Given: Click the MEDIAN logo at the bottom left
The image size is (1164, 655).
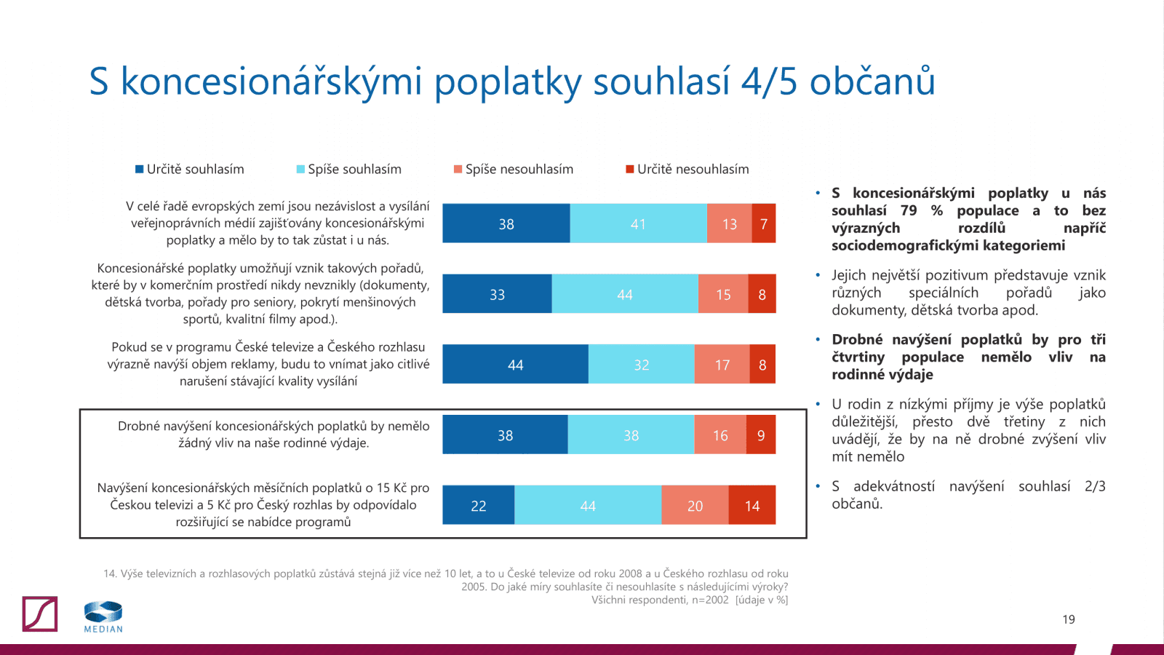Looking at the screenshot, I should (103, 616).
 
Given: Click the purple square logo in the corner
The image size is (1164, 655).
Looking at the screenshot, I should (40, 614).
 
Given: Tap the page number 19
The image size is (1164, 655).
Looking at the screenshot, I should (1068, 619).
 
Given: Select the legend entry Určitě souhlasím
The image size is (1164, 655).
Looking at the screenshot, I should (190, 170).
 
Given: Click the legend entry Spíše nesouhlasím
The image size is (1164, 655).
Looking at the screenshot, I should (514, 170).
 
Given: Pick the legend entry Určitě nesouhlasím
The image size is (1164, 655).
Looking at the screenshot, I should (687, 170).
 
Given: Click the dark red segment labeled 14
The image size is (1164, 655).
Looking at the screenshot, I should (752, 505).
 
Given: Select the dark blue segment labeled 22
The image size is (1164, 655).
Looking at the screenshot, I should (478, 505).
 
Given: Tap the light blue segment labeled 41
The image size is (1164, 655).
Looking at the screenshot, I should (638, 223).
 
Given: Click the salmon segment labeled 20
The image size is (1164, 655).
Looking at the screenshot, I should (695, 505).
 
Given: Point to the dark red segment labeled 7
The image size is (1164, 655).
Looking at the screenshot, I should (764, 223).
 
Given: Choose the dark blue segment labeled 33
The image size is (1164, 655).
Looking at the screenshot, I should (497, 294).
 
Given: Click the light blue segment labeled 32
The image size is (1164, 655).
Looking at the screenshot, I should (641, 365).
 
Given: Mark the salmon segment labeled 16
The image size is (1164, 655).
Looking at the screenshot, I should (720, 435).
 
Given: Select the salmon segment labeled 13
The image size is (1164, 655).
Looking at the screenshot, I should (729, 223).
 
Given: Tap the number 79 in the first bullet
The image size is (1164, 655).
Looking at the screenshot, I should (909, 210).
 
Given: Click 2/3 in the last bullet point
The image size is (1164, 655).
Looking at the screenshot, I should (1094, 486).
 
